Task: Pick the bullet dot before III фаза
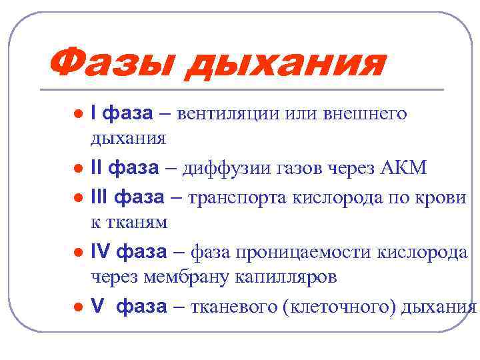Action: [x=79, y=198]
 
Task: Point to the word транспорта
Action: [x=233, y=197]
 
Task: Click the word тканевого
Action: [x=231, y=307]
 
